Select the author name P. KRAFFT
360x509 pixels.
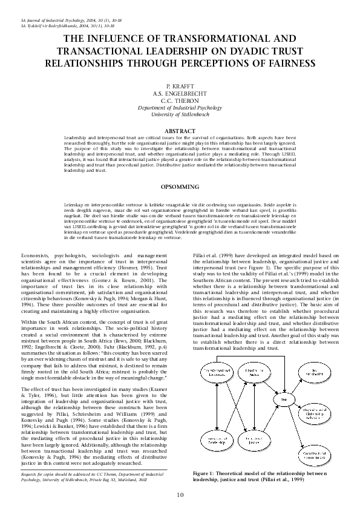point(180,88)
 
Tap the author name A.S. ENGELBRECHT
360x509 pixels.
point(180,94)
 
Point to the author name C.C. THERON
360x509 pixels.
point(180,101)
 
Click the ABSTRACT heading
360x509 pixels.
point(180,131)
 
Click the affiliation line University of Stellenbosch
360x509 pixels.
point(180,114)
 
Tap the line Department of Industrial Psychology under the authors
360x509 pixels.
point(180,108)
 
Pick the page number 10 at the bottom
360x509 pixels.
point(180,495)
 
